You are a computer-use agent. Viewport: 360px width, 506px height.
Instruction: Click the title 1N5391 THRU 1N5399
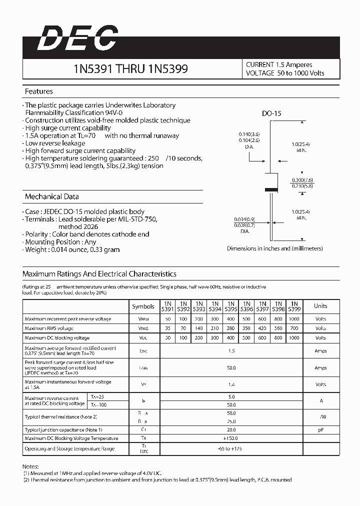tap(130, 69)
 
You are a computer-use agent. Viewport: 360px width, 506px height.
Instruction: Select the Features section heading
tap(38, 91)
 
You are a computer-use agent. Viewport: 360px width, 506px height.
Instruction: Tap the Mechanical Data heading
tap(51, 196)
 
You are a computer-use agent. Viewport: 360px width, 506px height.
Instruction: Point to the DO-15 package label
tap(271, 113)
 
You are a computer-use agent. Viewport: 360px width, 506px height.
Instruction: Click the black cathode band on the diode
tap(270, 189)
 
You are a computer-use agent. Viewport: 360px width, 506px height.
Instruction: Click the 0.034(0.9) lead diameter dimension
tap(244, 219)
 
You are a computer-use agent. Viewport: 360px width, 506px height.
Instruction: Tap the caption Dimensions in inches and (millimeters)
tap(274, 248)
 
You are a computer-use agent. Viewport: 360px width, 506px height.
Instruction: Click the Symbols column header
tap(143, 306)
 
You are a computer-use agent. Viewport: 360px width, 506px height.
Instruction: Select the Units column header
tap(320, 306)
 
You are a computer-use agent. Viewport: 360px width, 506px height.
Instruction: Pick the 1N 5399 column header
tap(294, 306)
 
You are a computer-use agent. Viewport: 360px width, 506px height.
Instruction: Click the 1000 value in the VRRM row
tap(294, 318)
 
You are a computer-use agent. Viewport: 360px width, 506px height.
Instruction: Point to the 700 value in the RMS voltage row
tap(294, 328)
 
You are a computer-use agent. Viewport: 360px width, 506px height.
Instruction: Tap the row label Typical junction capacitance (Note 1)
tap(63, 429)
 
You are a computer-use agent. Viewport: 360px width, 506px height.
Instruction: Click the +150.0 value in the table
tap(230, 438)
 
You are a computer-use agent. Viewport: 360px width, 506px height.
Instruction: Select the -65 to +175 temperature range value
tap(230, 449)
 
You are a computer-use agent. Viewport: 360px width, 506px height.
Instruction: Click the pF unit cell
tap(320, 429)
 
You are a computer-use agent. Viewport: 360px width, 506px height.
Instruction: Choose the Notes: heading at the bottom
tap(30, 466)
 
